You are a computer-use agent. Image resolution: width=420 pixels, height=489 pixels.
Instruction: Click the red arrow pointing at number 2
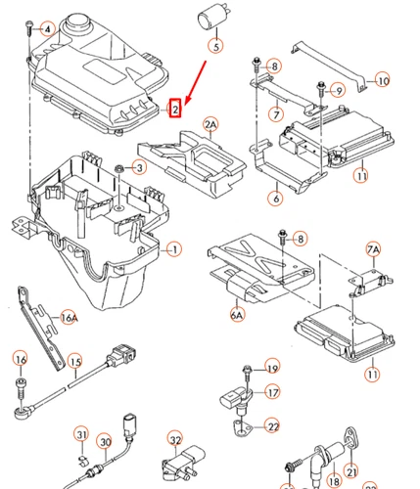click(195, 83)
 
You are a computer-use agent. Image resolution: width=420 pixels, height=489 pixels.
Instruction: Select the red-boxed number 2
click(175, 109)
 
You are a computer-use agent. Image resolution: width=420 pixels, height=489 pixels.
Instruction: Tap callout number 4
click(48, 29)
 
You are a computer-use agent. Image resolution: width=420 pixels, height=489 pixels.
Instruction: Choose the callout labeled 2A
click(210, 125)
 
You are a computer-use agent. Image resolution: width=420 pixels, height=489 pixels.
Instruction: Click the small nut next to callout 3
click(118, 169)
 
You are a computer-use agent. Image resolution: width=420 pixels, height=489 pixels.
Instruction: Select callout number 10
click(383, 80)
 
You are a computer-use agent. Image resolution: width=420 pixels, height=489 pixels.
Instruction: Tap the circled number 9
click(339, 90)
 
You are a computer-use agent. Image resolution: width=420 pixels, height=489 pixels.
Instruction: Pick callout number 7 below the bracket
click(276, 114)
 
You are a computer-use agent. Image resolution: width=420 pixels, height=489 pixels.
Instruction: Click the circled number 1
click(174, 249)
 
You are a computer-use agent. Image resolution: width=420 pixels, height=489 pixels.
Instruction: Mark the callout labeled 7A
click(373, 249)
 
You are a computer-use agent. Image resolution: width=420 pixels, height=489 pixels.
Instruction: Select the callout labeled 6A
click(237, 315)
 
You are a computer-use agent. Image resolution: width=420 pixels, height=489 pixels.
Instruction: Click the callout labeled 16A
click(69, 318)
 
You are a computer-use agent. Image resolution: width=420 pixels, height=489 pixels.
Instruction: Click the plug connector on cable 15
click(121, 355)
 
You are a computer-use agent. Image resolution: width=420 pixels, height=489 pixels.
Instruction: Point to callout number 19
click(272, 368)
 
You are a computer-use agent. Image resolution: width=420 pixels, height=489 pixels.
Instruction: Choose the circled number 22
click(273, 426)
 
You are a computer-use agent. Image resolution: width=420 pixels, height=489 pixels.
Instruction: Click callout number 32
click(175, 440)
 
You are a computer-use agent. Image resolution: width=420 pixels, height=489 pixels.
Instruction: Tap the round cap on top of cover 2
click(77, 22)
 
